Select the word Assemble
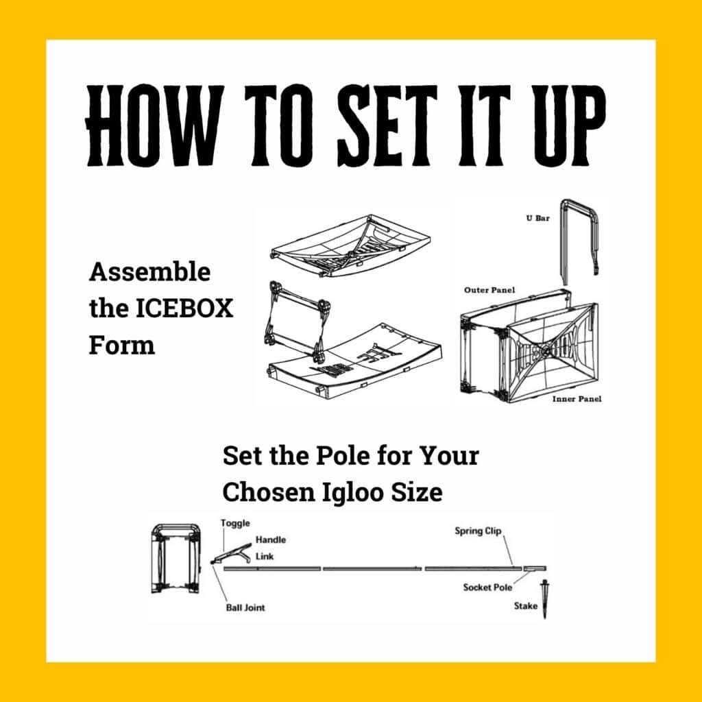149,272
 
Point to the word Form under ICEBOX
121,344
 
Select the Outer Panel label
489,290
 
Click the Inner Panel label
577,398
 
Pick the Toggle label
235,523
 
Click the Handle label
271,540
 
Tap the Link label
265,556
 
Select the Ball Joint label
245,607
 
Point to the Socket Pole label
487,588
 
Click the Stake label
525,605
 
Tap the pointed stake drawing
545,598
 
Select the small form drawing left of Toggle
176,558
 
